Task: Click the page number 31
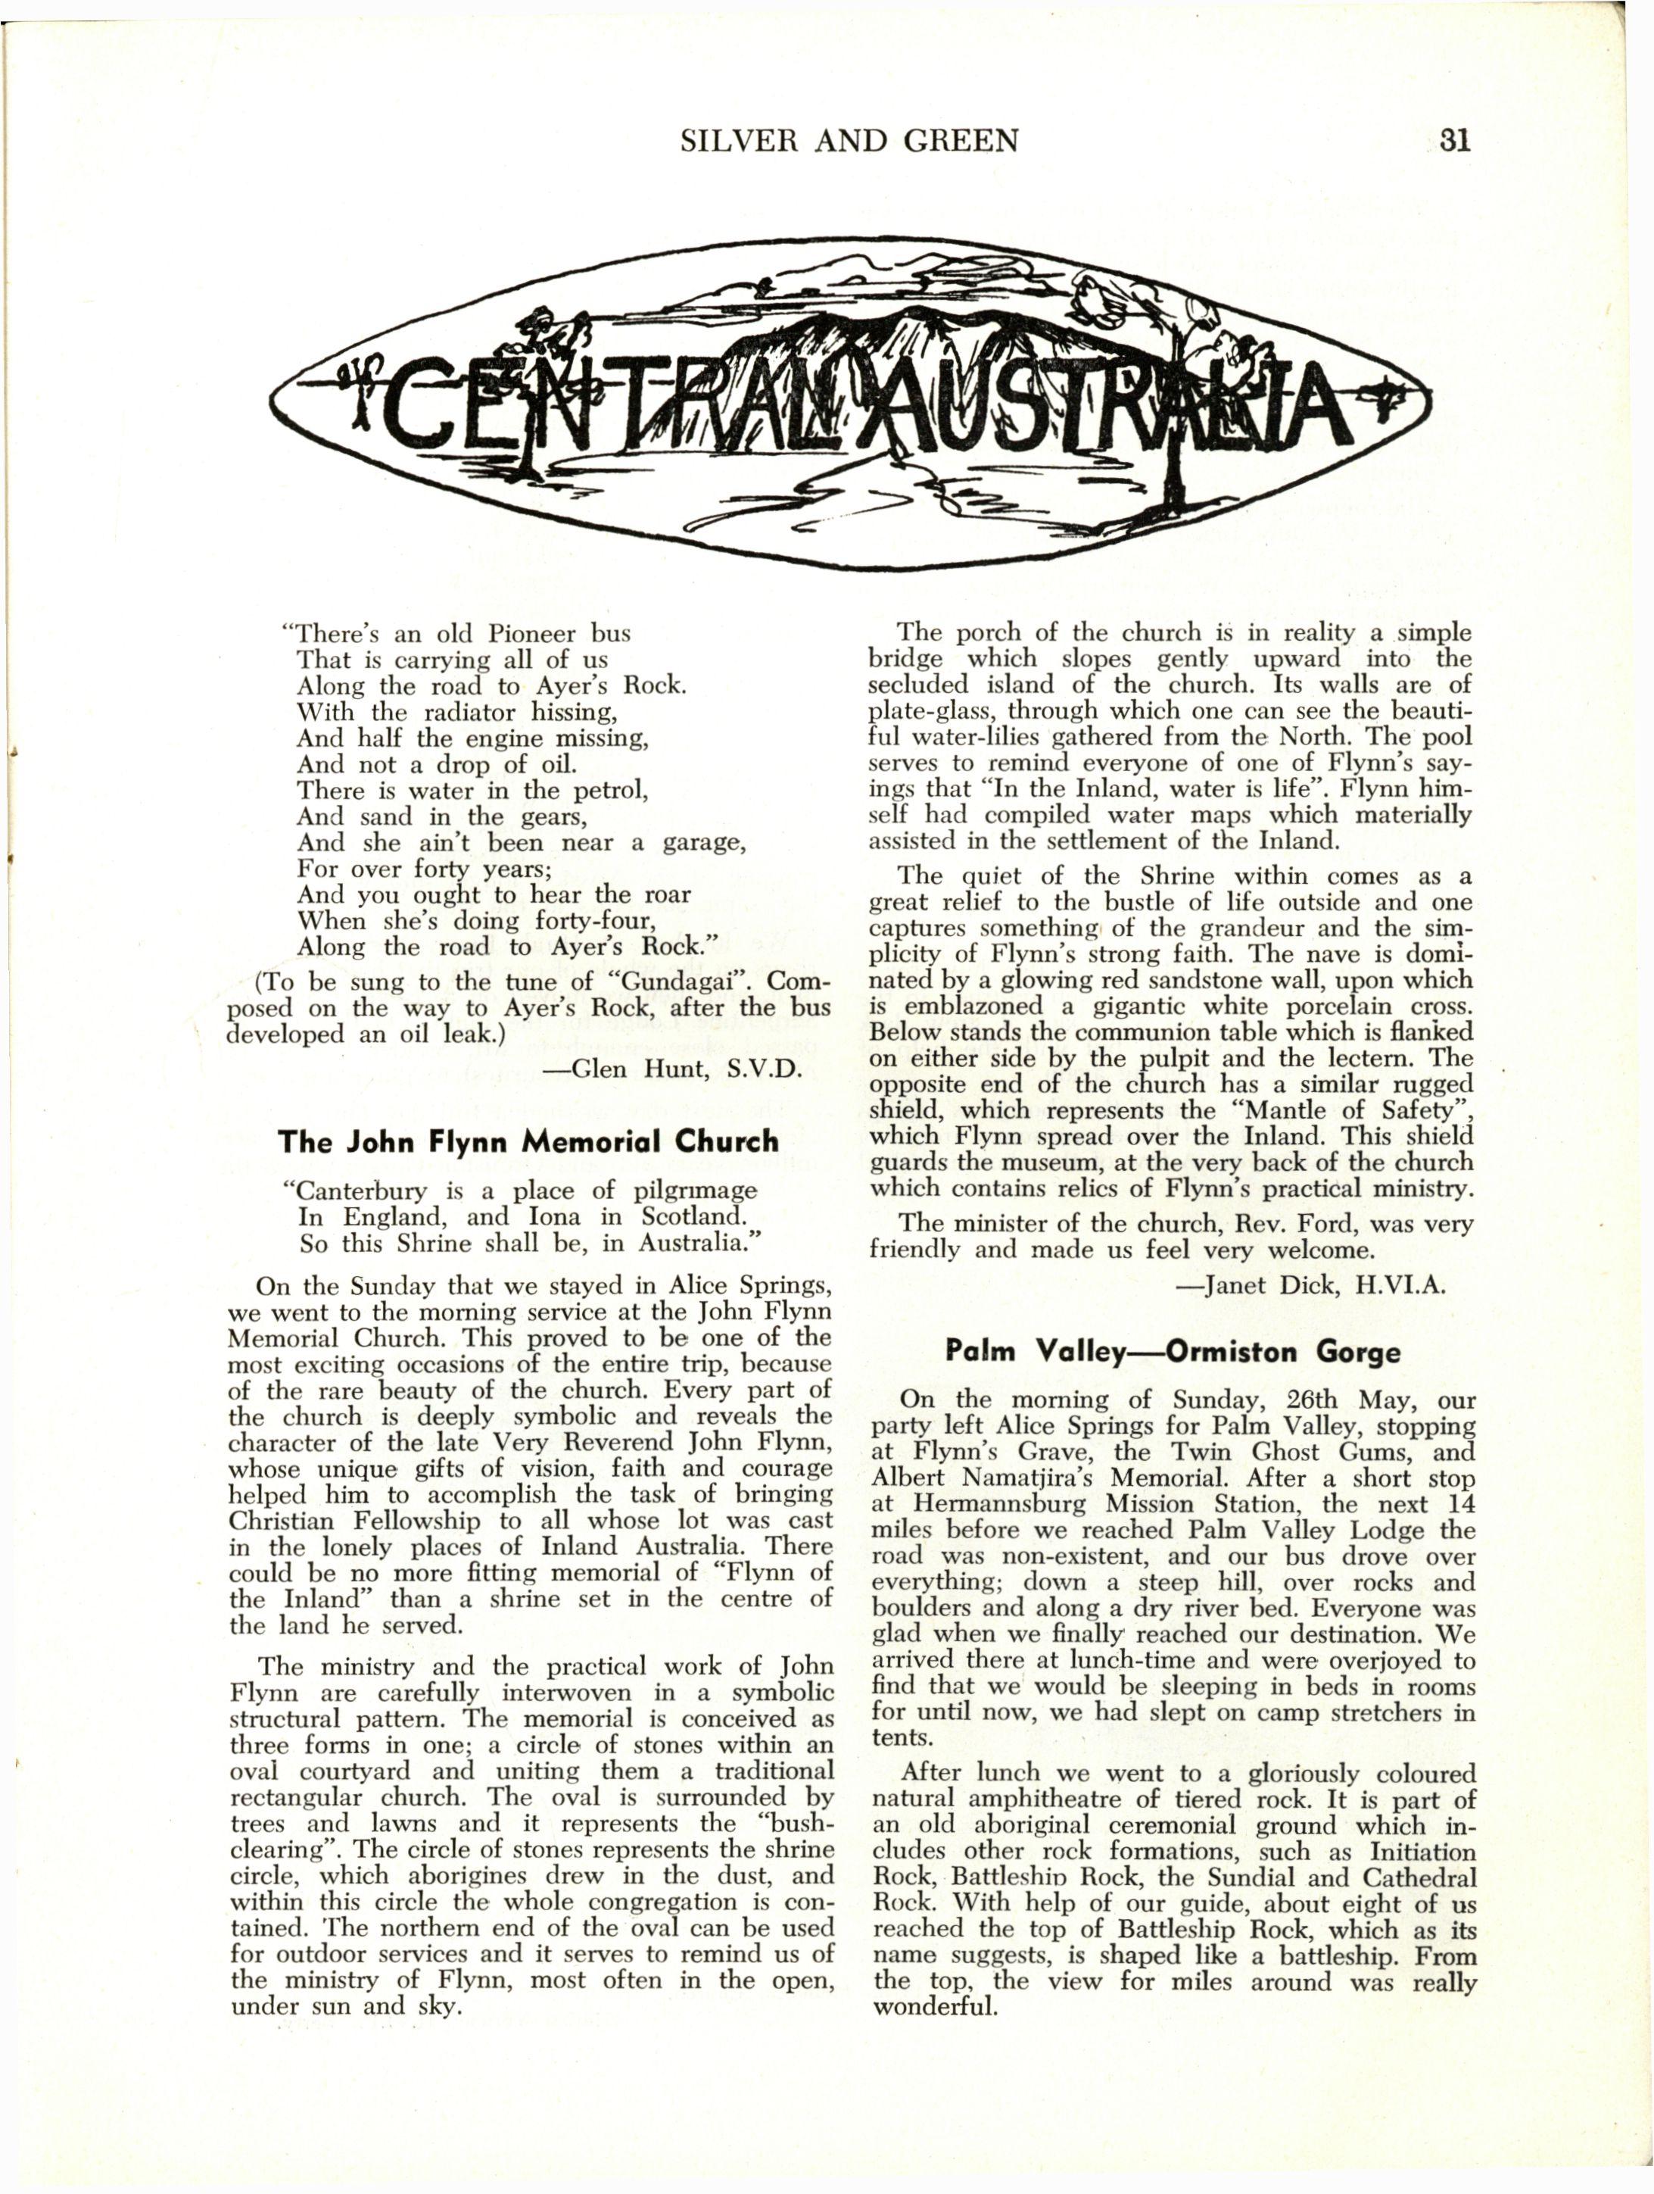coord(1453,142)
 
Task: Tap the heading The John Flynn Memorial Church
coord(528,1141)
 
